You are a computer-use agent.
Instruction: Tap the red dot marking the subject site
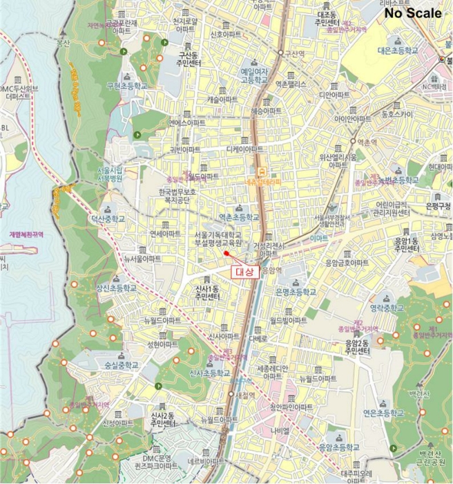(226, 253)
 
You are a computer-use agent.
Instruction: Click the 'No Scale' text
(414, 12)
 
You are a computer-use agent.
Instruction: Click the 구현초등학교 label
(127, 86)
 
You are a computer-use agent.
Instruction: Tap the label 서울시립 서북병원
(110, 174)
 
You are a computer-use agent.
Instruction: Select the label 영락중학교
(386, 308)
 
